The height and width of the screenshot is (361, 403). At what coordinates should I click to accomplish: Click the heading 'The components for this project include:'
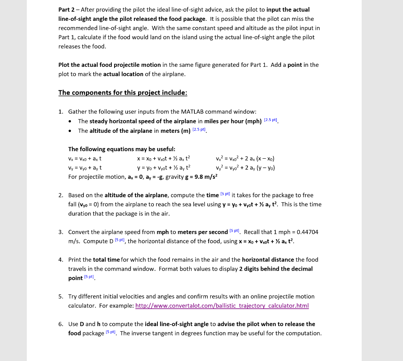pos(122,93)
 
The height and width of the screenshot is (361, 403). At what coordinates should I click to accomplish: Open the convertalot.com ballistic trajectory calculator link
pos(222,306)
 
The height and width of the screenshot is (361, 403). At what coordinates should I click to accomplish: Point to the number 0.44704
pos(307,232)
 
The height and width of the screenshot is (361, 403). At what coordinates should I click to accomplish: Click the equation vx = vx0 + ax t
pos(85,159)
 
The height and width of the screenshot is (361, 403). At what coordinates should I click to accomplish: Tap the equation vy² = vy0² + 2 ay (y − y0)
pos(245,168)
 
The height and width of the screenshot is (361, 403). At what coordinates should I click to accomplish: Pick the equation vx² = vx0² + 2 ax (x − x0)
pos(245,159)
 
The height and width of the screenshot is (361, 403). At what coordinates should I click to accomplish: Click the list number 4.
pos(61,260)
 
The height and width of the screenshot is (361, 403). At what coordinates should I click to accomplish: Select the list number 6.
pos(61,324)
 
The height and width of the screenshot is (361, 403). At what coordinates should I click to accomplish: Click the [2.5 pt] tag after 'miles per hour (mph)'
pos(271,120)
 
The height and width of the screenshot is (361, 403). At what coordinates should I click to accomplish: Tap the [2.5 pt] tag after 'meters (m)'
pos(200,130)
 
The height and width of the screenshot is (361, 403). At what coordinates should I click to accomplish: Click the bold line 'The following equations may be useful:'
pos(122,149)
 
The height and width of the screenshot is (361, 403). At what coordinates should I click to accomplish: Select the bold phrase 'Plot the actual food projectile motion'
pos(109,65)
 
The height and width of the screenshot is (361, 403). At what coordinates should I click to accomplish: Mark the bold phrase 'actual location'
pos(123,74)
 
